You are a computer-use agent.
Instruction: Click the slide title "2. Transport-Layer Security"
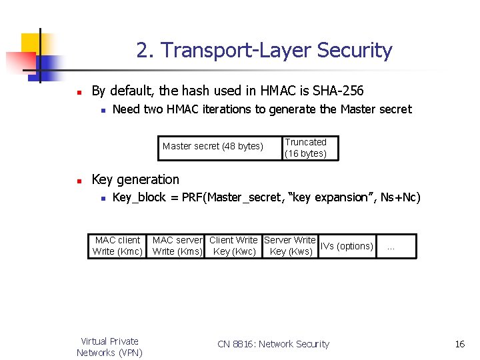point(264,51)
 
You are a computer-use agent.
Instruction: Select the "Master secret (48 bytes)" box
point(213,147)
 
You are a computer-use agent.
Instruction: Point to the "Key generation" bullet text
point(135,179)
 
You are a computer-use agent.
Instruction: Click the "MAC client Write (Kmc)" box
point(117,246)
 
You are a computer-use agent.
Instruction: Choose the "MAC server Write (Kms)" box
point(177,246)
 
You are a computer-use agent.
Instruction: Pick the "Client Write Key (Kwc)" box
point(233,246)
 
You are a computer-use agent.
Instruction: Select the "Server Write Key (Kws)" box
point(290,246)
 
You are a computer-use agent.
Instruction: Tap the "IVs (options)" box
point(347,246)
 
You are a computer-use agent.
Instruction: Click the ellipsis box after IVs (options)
point(395,246)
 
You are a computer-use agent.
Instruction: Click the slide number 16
point(459,344)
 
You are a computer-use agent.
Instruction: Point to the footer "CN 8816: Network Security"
point(273,344)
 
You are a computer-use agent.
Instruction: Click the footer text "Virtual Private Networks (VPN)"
point(109,347)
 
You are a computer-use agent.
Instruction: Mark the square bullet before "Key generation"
point(78,181)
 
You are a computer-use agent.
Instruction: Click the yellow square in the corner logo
point(31,43)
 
